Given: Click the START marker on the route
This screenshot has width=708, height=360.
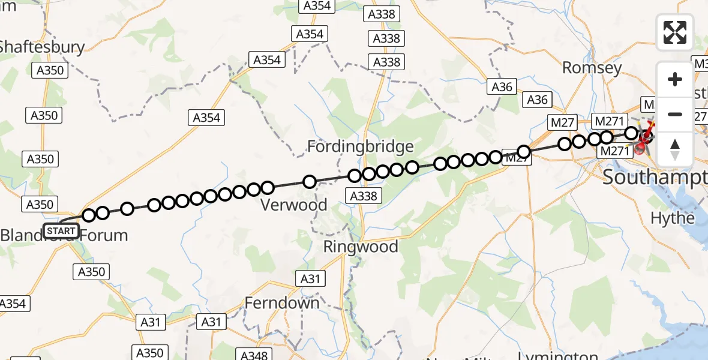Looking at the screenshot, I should click(61, 230).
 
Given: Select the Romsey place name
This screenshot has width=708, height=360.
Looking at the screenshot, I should click(592, 68).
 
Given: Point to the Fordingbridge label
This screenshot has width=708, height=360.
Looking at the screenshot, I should click(360, 146).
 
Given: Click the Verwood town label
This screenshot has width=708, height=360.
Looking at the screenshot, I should click(294, 205).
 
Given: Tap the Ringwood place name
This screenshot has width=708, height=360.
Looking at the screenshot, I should click(361, 247).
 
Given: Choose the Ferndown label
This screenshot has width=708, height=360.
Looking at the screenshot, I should click(282, 303).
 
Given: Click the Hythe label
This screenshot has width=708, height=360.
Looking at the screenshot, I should click(673, 218).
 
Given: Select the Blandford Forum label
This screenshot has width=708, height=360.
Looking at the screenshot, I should click(64, 236).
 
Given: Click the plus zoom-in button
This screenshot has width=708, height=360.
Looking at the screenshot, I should click(675, 79).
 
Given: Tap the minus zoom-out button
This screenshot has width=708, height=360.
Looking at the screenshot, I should click(675, 114).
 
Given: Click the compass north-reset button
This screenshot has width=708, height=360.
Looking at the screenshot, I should click(675, 149).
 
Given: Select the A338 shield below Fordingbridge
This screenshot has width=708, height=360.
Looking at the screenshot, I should click(363, 195).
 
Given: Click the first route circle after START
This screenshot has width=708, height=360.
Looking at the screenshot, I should click(89, 215).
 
